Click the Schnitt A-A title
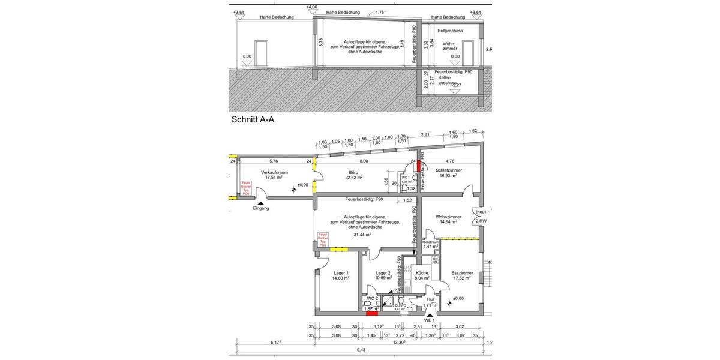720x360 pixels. tap(253, 119)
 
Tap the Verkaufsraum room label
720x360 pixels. tap(275, 173)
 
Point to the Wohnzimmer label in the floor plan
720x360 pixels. tap(449, 217)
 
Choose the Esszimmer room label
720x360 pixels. tap(464, 272)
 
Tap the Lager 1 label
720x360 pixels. tap(341, 272)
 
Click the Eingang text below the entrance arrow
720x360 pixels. tap(260, 209)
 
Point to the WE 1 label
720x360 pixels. tap(428, 320)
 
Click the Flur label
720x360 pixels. tap(430, 299)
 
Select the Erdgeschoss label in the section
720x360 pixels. tap(450, 30)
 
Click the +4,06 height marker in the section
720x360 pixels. tap(311, 7)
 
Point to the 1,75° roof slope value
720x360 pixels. tap(380, 11)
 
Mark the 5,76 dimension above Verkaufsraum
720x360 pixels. tap(274, 161)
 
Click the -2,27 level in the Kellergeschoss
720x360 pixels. tap(457, 85)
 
